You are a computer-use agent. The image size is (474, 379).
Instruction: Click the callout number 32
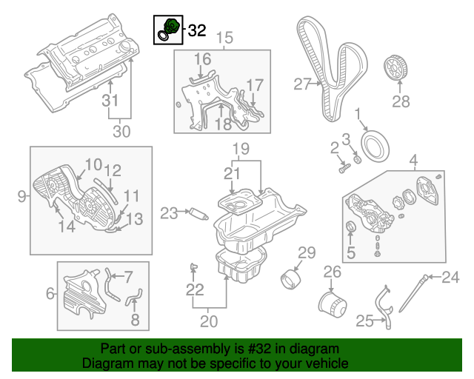click(x=197, y=30)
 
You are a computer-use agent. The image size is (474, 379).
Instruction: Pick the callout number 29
click(x=307, y=252)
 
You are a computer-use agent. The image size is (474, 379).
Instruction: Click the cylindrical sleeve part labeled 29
click(x=293, y=282)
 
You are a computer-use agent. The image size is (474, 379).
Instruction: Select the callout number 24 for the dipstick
click(x=451, y=278)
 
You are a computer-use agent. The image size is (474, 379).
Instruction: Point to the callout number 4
click(x=413, y=159)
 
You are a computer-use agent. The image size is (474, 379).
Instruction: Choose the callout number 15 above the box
click(x=224, y=36)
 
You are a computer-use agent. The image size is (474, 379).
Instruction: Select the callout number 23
click(x=169, y=213)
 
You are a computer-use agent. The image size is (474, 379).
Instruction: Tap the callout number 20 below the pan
click(x=210, y=321)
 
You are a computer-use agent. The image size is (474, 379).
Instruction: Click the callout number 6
click(x=50, y=294)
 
